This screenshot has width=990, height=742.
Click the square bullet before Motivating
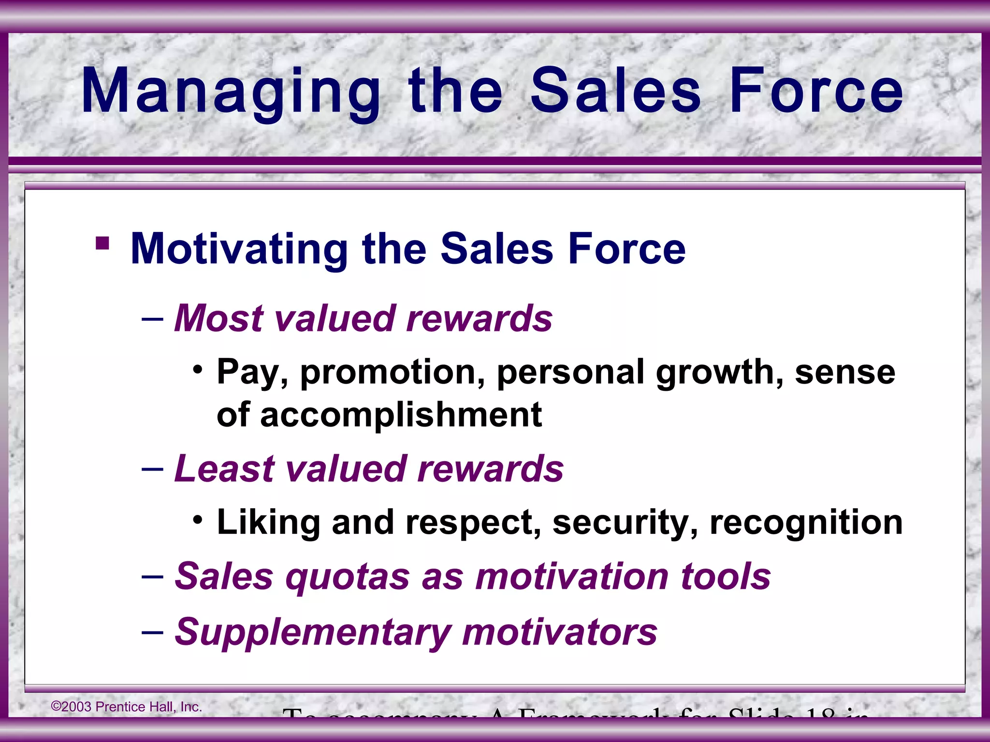pyautogui.click(x=102, y=243)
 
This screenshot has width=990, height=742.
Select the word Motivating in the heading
pyautogui.click(x=239, y=249)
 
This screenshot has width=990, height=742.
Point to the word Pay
pyautogui.click(x=252, y=373)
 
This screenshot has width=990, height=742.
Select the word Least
pyautogui.click(x=224, y=469)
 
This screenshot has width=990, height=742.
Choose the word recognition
pyautogui.click(x=806, y=523)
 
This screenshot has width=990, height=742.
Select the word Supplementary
pyautogui.click(x=312, y=632)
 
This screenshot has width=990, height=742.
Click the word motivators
pyautogui.click(x=559, y=632)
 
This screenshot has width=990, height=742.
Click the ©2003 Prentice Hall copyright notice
pyautogui.click(x=127, y=707)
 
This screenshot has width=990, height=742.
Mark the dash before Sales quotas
pyautogui.click(x=152, y=577)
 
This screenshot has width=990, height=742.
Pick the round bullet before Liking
pyautogui.click(x=197, y=520)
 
